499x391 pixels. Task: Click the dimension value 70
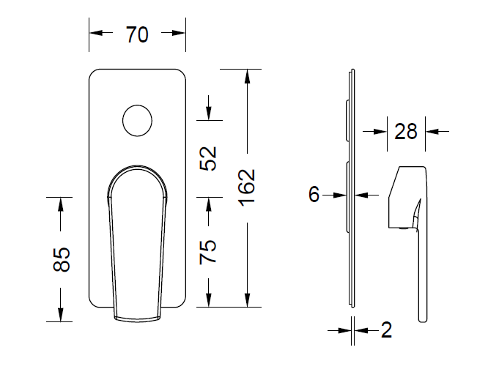pos(137,34)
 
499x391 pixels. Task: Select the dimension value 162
pos(247,188)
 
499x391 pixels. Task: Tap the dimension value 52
pos(208,158)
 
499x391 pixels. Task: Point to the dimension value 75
pos(208,252)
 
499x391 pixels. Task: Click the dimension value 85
pos(62,259)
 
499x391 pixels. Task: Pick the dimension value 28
pos(406,131)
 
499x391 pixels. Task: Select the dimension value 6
pos(314,194)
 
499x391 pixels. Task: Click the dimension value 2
pos(386,330)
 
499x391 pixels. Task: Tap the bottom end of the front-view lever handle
pos(137,319)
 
